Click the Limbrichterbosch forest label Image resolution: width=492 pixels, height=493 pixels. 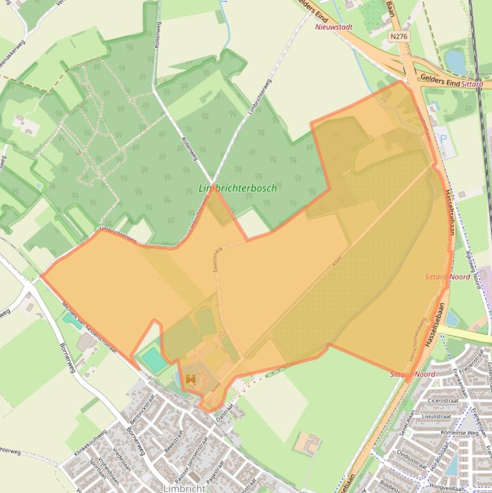pos(237,188)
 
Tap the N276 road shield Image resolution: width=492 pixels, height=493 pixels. pos(398,37)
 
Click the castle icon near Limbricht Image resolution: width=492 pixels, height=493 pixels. pos(190,380)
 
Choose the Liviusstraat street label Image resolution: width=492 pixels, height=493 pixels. pos(437,416)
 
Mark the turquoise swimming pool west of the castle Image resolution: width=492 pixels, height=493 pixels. pos(154,359)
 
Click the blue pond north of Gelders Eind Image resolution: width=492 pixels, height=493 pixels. pos(456,61)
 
